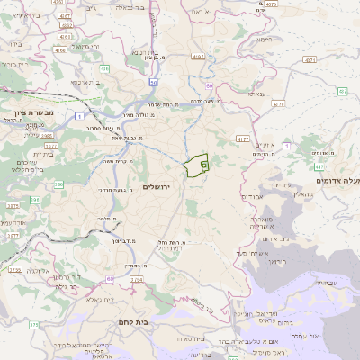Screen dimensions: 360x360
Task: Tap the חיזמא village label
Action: point(264,40)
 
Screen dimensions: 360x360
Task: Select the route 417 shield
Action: point(243,139)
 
